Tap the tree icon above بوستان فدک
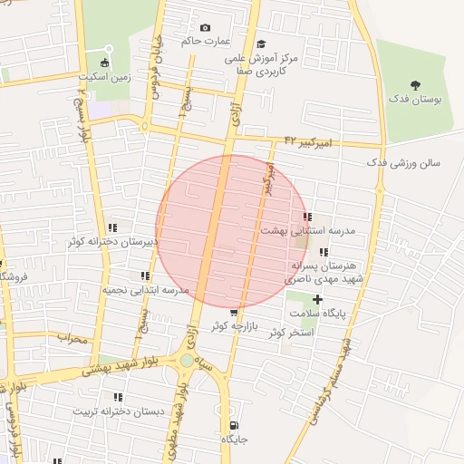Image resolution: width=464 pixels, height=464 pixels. tap(416, 84)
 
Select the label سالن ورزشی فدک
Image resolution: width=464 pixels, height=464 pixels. tap(402, 164)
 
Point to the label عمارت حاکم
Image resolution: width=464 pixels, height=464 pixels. tap(207, 42)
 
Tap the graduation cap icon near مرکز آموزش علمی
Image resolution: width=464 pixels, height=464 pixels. tap(261, 43)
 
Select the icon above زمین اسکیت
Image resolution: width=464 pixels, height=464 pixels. tap(107, 63)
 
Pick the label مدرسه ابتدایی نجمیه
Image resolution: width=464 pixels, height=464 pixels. tap(144, 290)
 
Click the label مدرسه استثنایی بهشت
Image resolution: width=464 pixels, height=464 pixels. tap(308, 231)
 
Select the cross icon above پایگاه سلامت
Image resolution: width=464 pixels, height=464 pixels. tap(317, 300)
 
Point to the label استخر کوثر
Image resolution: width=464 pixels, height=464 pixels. tap(290, 333)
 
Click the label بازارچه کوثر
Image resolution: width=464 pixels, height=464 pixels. tap(235, 324)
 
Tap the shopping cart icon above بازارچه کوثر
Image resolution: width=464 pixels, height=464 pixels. tap(235, 313)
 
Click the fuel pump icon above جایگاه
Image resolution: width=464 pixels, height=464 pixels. tap(235, 425)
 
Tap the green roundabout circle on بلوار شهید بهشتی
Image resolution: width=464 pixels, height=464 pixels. tap(187, 360)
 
